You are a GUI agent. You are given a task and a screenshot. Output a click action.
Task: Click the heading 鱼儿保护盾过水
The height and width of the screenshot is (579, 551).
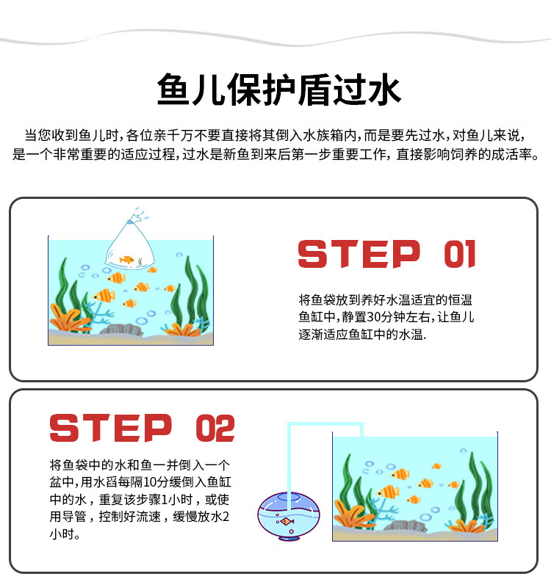click(279, 91)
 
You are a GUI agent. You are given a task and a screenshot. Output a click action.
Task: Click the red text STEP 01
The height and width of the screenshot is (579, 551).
click(386, 254)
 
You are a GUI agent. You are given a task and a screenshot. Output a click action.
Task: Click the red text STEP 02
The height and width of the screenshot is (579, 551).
click(142, 429)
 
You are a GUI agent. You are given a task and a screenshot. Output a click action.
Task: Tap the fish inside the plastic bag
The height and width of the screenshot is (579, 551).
click(127, 259)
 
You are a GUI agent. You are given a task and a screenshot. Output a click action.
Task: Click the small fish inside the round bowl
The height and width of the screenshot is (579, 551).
click(287, 522)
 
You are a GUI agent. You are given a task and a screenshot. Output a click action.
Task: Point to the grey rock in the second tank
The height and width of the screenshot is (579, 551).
click(400, 525)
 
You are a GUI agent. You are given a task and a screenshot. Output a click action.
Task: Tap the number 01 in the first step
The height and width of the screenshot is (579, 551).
click(460, 254)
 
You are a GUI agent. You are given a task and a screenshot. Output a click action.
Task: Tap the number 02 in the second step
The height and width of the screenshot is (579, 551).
click(215, 429)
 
